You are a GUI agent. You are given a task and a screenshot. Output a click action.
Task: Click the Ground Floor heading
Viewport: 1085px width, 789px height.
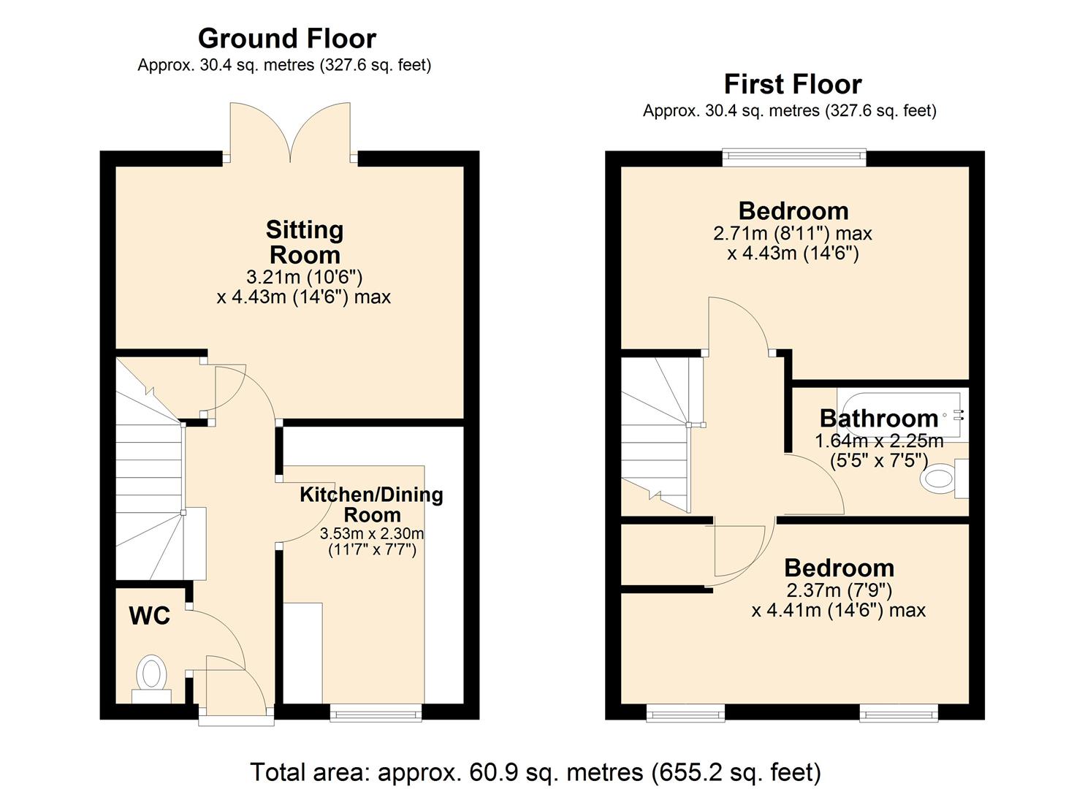pyautogui.click(x=286, y=38)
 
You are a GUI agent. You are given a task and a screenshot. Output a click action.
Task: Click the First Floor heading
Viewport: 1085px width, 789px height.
pyautogui.click(x=792, y=84)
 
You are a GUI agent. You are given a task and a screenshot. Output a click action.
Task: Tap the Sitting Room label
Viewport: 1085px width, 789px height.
pyautogui.click(x=304, y=242)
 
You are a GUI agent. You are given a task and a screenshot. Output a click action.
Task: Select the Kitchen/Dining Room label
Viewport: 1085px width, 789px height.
pyautogui.click(x=371, y=504)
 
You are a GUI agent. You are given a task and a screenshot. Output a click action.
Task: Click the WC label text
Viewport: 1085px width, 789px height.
pyautogui.click(x=150, y=616)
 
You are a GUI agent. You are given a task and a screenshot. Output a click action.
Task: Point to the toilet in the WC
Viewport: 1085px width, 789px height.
pyautogui.click(x=151, y=676)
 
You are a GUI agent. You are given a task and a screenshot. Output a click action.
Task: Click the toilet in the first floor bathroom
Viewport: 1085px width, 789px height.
pyautogui.click(x=942, y=479)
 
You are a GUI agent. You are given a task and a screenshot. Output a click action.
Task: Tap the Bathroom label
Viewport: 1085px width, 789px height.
pyautogui.click(x=878, y=418)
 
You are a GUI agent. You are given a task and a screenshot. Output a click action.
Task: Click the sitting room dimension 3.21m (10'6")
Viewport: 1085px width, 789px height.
pyautogui.click(x=304, y=277)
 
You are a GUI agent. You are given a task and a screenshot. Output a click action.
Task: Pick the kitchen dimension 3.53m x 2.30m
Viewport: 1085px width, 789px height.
pyautogui.click(x=371, y=533)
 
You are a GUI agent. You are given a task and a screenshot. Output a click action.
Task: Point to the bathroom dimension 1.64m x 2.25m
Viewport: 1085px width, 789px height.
pyautogui.click(x=878, y=441)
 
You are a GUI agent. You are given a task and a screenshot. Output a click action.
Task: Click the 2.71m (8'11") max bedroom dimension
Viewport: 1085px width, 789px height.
pyautogui.click(x=792, y=234)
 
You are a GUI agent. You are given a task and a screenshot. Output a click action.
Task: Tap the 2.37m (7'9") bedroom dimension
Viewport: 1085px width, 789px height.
pyautogui.click(x=838, y=590)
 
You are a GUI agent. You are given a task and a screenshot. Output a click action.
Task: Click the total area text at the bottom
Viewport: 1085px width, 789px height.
pyautogui.click(x=535, y=771)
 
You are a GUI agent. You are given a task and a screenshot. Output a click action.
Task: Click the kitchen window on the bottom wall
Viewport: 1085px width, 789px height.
pyautogui.click(x=376, y=712)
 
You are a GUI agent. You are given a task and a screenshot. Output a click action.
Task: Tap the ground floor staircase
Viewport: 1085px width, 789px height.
pyautogui.click(x=149, y=475)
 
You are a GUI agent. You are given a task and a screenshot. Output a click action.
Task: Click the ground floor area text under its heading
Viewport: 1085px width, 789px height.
pyautogui.click(x=284, y=65)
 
